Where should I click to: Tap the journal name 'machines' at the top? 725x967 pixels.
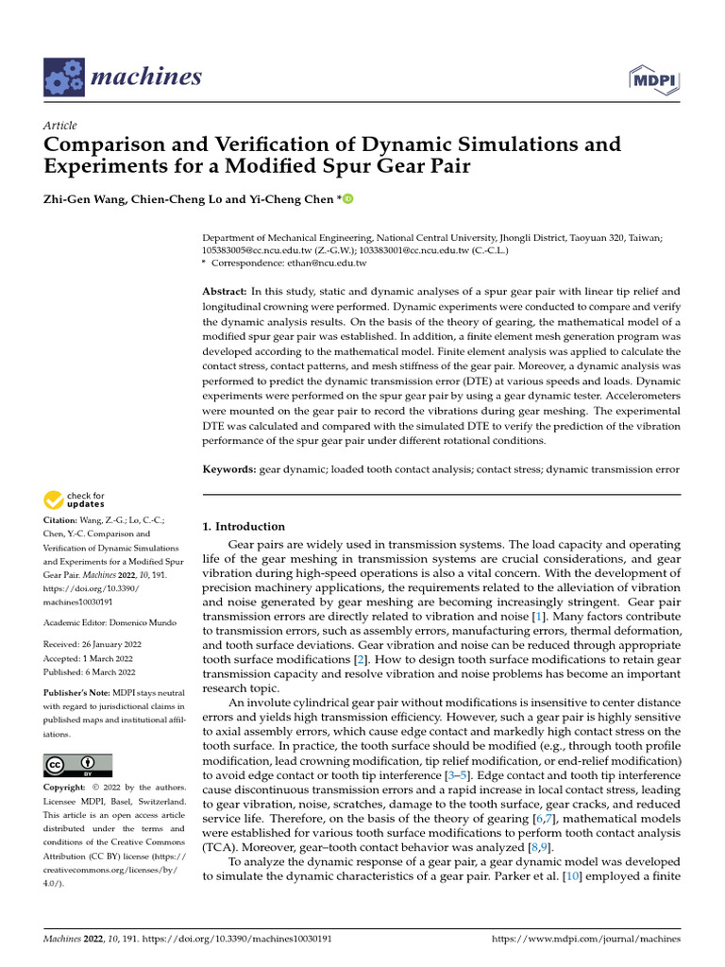146,76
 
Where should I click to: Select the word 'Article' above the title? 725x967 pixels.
60,126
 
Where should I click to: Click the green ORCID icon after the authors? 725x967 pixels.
347,199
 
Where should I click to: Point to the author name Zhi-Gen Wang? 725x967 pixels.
85,199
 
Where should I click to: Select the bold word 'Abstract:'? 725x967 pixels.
228,292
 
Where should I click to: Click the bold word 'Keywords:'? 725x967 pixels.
229,469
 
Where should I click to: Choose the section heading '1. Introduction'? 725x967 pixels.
244,526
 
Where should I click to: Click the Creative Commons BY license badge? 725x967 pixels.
77,765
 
